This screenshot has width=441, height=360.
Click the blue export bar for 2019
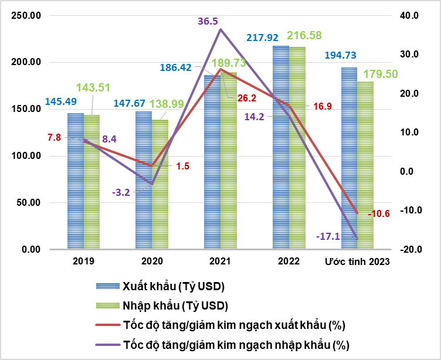[x=76, y=182]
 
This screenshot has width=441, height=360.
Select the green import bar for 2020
[x=160, y=185]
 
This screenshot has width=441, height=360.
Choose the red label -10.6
[x=378, y=213]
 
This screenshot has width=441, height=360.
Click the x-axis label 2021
[x=219, y=261]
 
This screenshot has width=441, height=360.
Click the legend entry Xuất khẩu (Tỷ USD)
[x=174, y=286]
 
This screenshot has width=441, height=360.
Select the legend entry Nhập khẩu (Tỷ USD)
[x=175, y=305]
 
